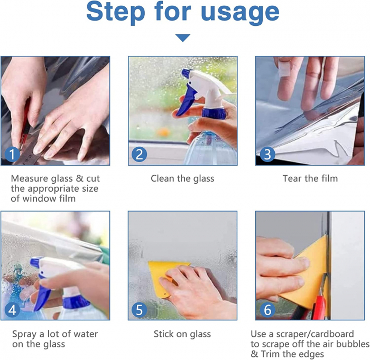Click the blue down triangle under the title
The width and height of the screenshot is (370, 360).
183,38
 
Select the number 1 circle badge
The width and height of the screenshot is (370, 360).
13,154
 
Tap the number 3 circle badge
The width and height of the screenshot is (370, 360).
267,154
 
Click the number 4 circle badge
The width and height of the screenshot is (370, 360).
13,309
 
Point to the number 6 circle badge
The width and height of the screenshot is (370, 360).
267,309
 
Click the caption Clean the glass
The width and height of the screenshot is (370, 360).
182,178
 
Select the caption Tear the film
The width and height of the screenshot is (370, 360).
310,178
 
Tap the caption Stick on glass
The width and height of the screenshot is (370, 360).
182,334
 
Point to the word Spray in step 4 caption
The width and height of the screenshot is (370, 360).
24,334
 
